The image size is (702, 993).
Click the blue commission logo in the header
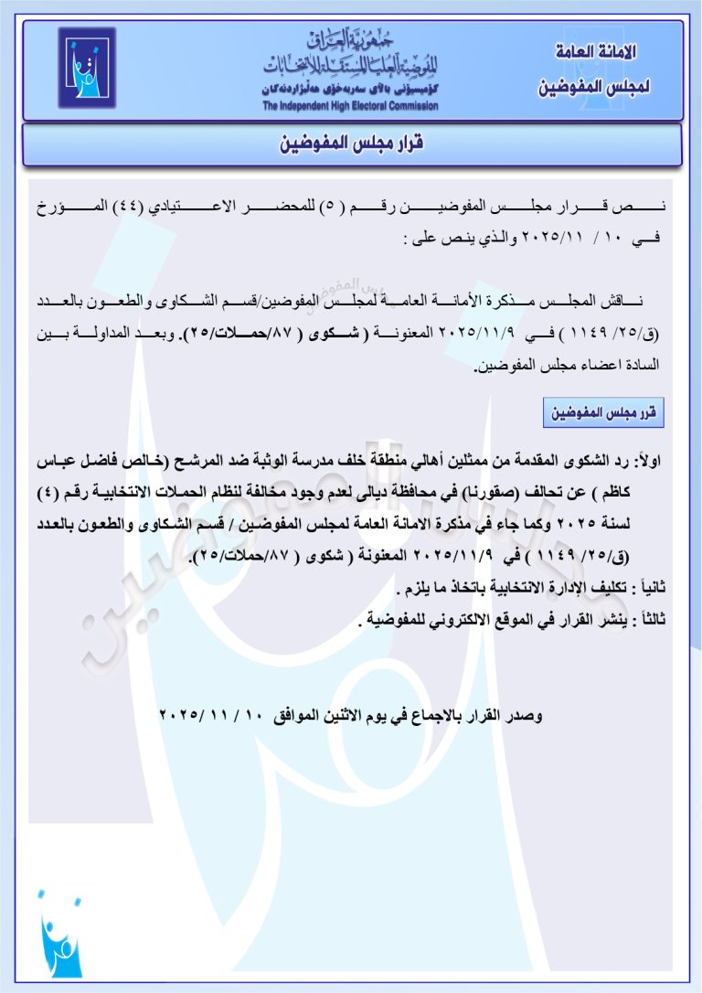87,68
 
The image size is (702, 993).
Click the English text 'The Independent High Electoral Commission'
350,106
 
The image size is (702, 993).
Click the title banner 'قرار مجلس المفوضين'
351,144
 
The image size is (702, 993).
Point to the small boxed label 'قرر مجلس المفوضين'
603,413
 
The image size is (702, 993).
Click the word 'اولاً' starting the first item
651,464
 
